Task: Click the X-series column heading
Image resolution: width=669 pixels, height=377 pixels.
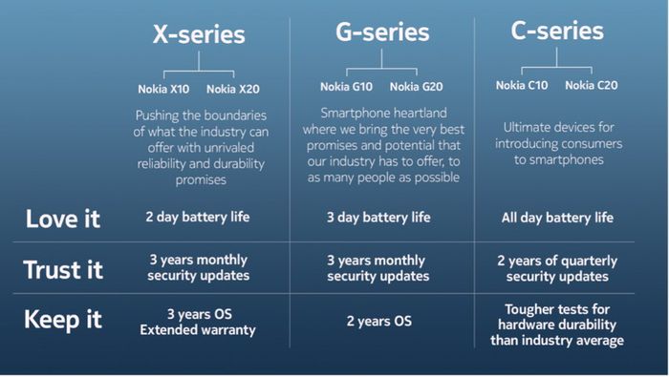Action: pos(199,35)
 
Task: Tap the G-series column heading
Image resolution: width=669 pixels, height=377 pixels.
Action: pos(382,31)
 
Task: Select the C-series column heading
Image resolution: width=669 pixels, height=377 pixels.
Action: pos(558,31)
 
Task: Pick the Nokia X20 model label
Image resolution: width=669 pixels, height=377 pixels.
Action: pos(232,90)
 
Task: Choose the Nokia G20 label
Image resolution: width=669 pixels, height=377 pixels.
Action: pos(417,87)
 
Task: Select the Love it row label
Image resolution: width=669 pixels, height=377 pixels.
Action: pos(63,219)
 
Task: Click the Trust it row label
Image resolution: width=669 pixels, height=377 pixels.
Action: pos(63,269)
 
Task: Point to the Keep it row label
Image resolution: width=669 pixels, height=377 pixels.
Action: pos(63,320)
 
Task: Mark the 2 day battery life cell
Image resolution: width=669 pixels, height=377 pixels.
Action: pos(198,217)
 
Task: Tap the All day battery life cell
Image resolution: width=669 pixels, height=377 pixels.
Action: pos(557,218)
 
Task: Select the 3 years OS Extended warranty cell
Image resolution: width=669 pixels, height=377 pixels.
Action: pos(198,322)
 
